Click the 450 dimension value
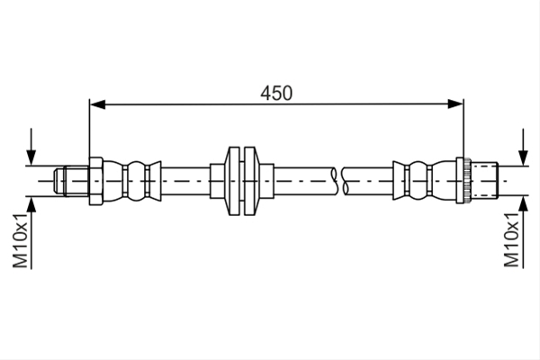276,93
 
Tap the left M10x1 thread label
21,240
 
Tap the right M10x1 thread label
511,239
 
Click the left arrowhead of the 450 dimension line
97,104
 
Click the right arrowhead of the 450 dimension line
455,103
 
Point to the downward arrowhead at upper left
31,157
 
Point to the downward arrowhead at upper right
524,157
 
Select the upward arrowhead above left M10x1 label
31,204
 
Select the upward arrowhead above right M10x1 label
524,204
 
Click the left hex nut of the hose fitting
96,181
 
